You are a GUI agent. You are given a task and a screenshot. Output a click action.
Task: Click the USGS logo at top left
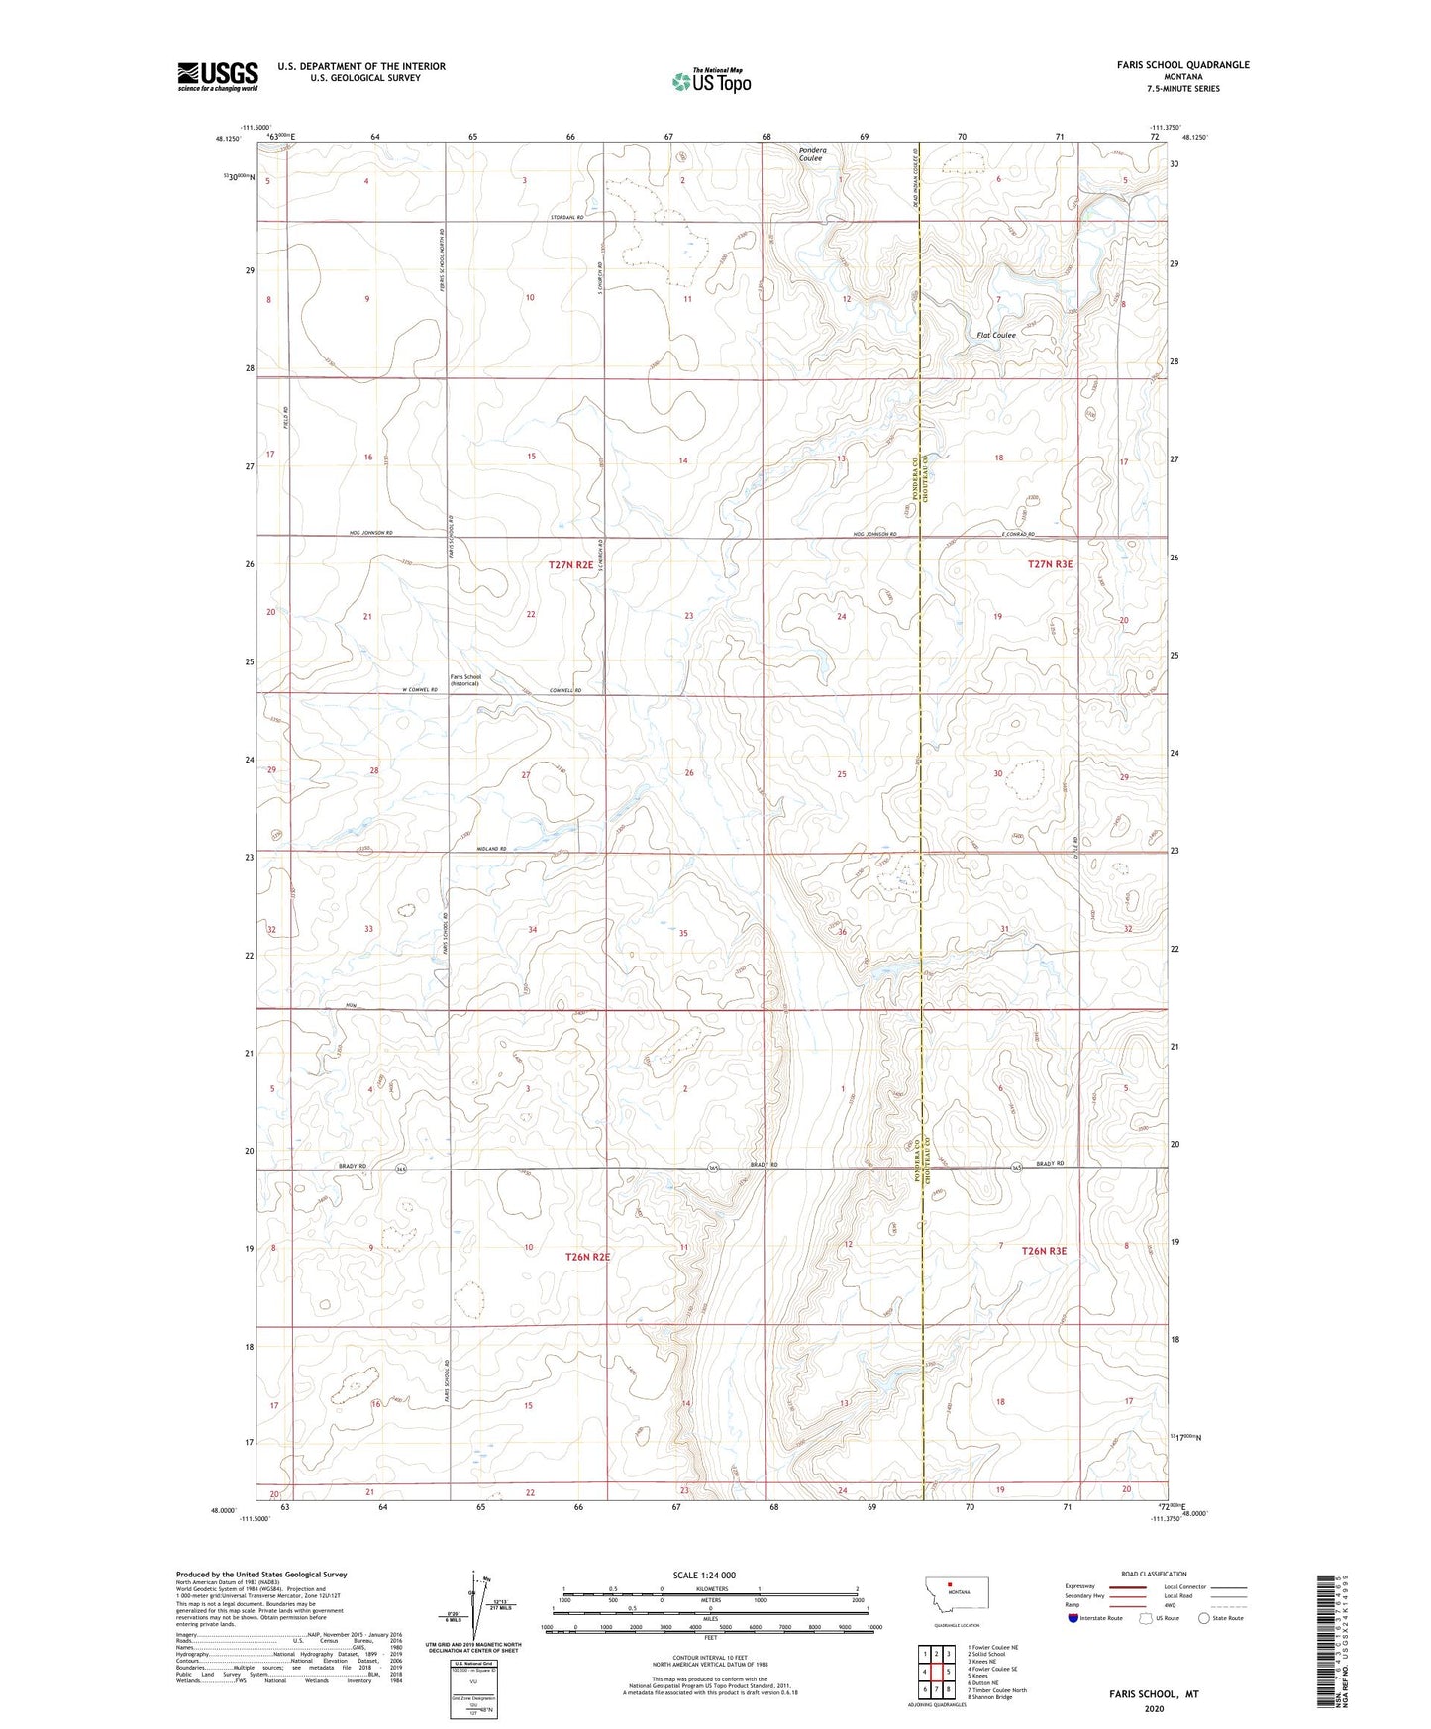217,76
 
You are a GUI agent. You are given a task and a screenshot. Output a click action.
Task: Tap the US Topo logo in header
710,81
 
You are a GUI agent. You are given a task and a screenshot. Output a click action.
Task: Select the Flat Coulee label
995,335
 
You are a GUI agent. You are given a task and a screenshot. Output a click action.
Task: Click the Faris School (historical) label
464,680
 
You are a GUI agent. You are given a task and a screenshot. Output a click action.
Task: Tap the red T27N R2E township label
571,564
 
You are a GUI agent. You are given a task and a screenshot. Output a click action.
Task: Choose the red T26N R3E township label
1044,1251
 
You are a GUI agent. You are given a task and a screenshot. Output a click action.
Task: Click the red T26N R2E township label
587,1256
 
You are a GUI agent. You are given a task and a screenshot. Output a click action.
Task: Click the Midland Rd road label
490,849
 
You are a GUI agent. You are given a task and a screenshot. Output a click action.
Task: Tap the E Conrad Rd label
1017,534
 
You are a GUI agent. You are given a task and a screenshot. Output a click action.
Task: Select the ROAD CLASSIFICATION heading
1154,1574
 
